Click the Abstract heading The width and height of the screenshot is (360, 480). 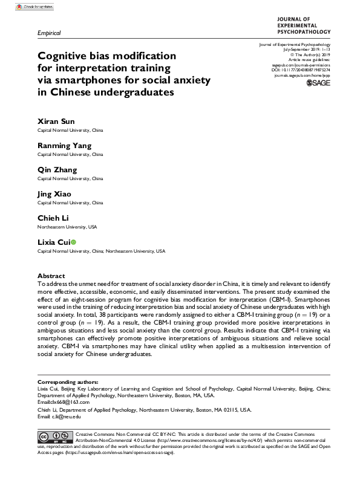point(51,276)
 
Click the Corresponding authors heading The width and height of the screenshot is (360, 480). point(67,383)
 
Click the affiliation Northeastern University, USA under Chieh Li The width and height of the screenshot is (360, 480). point(67,227)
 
